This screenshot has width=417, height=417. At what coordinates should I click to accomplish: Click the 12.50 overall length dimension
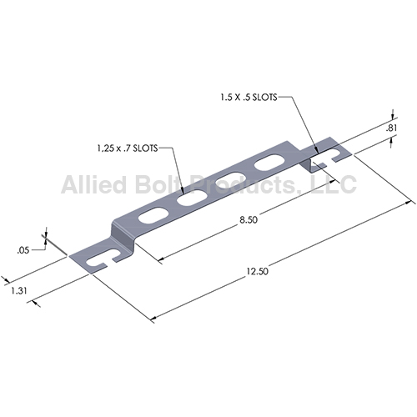click(258, 271)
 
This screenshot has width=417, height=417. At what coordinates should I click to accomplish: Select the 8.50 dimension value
click(249, 220)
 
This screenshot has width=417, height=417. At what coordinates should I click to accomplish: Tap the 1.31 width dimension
click(19, 291)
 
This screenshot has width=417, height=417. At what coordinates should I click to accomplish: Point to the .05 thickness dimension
click(23, 250)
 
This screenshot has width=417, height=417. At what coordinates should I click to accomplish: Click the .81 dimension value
click(391, 128)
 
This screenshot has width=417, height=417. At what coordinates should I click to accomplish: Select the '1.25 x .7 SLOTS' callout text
click(128, 148)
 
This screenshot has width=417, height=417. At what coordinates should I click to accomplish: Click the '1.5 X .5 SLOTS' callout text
click(249, 98)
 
